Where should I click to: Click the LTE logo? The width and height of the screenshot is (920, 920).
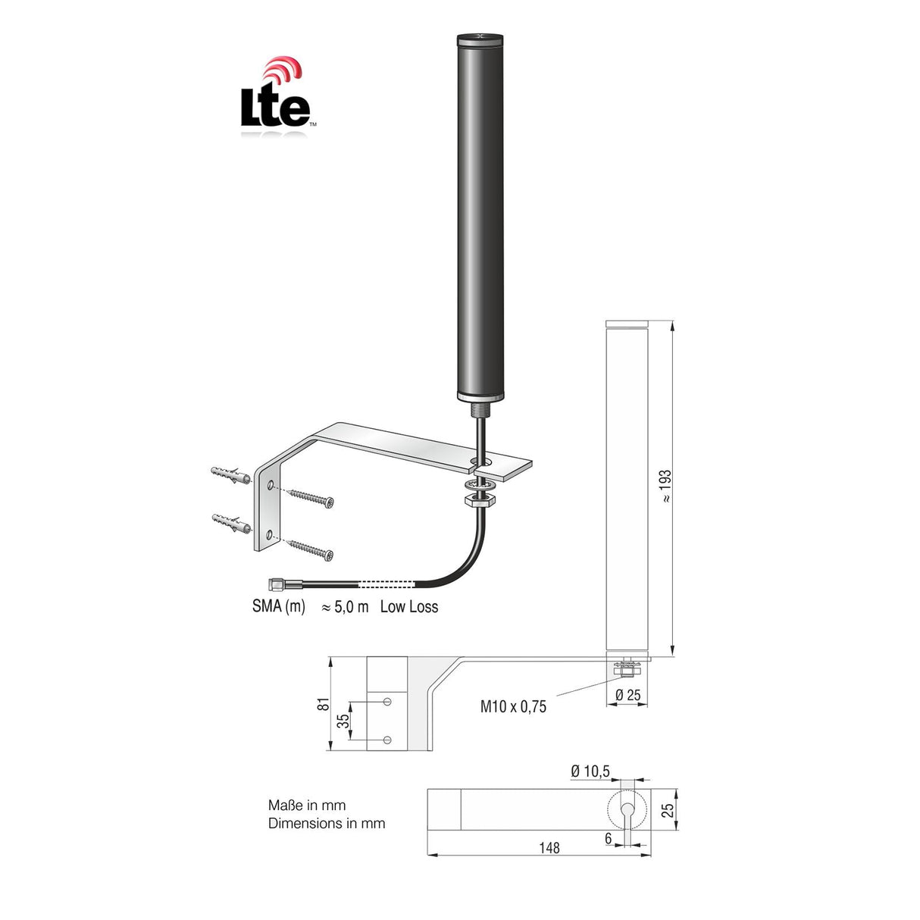(x=275, y=99)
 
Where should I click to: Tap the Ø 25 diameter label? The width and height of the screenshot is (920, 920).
(x=627, y=695)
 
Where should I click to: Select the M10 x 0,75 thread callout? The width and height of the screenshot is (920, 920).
(x=513, y=707)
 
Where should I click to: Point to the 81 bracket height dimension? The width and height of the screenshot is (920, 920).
(x=324, y=703)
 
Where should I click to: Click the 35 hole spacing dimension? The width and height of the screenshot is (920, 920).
(x=344, y=721)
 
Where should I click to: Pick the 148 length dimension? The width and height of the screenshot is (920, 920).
(x=549, y=847)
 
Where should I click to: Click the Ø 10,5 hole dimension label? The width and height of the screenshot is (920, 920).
(x=590, y=771)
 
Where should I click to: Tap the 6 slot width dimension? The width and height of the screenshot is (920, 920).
(x=609, y=838)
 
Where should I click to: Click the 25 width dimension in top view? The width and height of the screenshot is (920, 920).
(x=667, y=810)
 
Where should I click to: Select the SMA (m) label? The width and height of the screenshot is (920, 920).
(x=279, y=606)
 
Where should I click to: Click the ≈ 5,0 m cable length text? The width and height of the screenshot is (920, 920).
(x=345, y=606)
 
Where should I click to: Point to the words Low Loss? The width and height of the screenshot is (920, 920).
(x=409, y=606)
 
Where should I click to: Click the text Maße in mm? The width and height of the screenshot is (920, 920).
(x=307, y=806)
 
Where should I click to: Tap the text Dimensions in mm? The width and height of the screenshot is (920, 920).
(x=327, y=823)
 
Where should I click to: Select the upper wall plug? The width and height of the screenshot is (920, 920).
(x=230, y=474)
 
